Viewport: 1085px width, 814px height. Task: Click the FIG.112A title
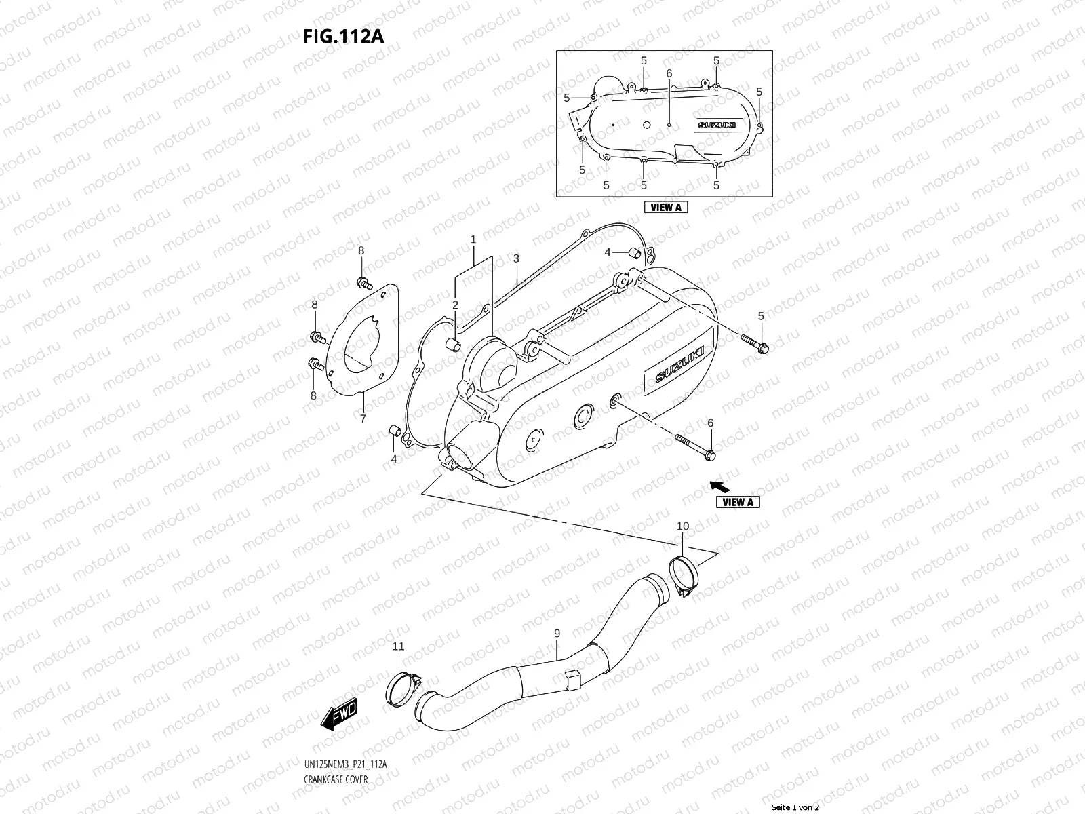(x=343, y=36)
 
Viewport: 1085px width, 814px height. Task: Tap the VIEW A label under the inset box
(x=665, y=208)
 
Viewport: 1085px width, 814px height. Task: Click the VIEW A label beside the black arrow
(x=738, y=502)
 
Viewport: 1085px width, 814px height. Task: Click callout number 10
(x=683, y=526)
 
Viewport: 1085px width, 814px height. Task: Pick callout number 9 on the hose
(x=557, y=634)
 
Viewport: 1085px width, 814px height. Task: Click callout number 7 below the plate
(x=363, y=419)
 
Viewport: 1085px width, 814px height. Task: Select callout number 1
(x=473, y=239)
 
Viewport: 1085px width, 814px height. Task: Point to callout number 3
(x=516, y=258)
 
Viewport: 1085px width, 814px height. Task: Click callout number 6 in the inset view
(x=669, y=73)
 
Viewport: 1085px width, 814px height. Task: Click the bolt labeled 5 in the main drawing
(x=753, y=343)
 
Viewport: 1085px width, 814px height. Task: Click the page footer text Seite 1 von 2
(x=796, y=807)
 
